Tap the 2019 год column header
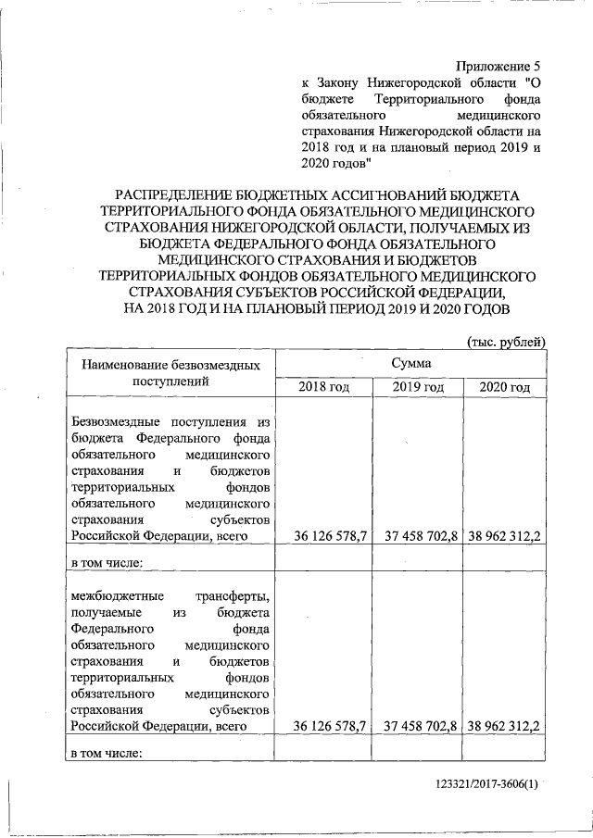tap(418, 387)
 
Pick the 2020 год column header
tap(504, 387)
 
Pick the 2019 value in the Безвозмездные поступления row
tap(421, 536)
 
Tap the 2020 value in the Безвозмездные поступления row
tap(506, 536)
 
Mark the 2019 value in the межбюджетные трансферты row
tap(421, 726)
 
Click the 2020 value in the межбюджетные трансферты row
tap(506, 726)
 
